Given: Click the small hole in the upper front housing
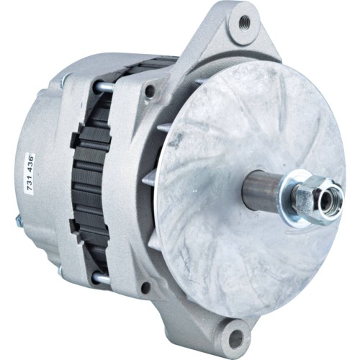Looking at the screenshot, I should click(150, 91).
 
